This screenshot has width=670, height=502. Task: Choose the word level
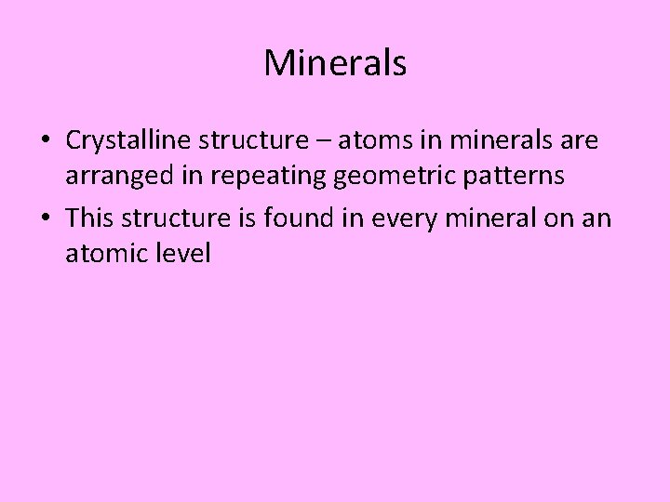pyautogui.click(x=187, y=253)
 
